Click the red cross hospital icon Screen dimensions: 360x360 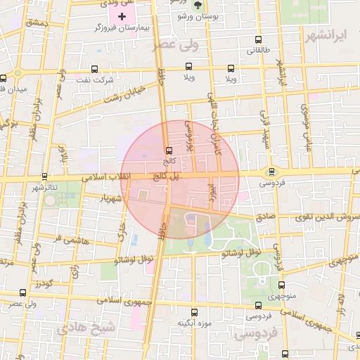pos(122,15)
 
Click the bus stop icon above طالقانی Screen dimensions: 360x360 pos(258,40)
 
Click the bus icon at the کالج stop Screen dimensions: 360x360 pos(167,150)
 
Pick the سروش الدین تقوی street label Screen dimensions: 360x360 pos(321,218)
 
